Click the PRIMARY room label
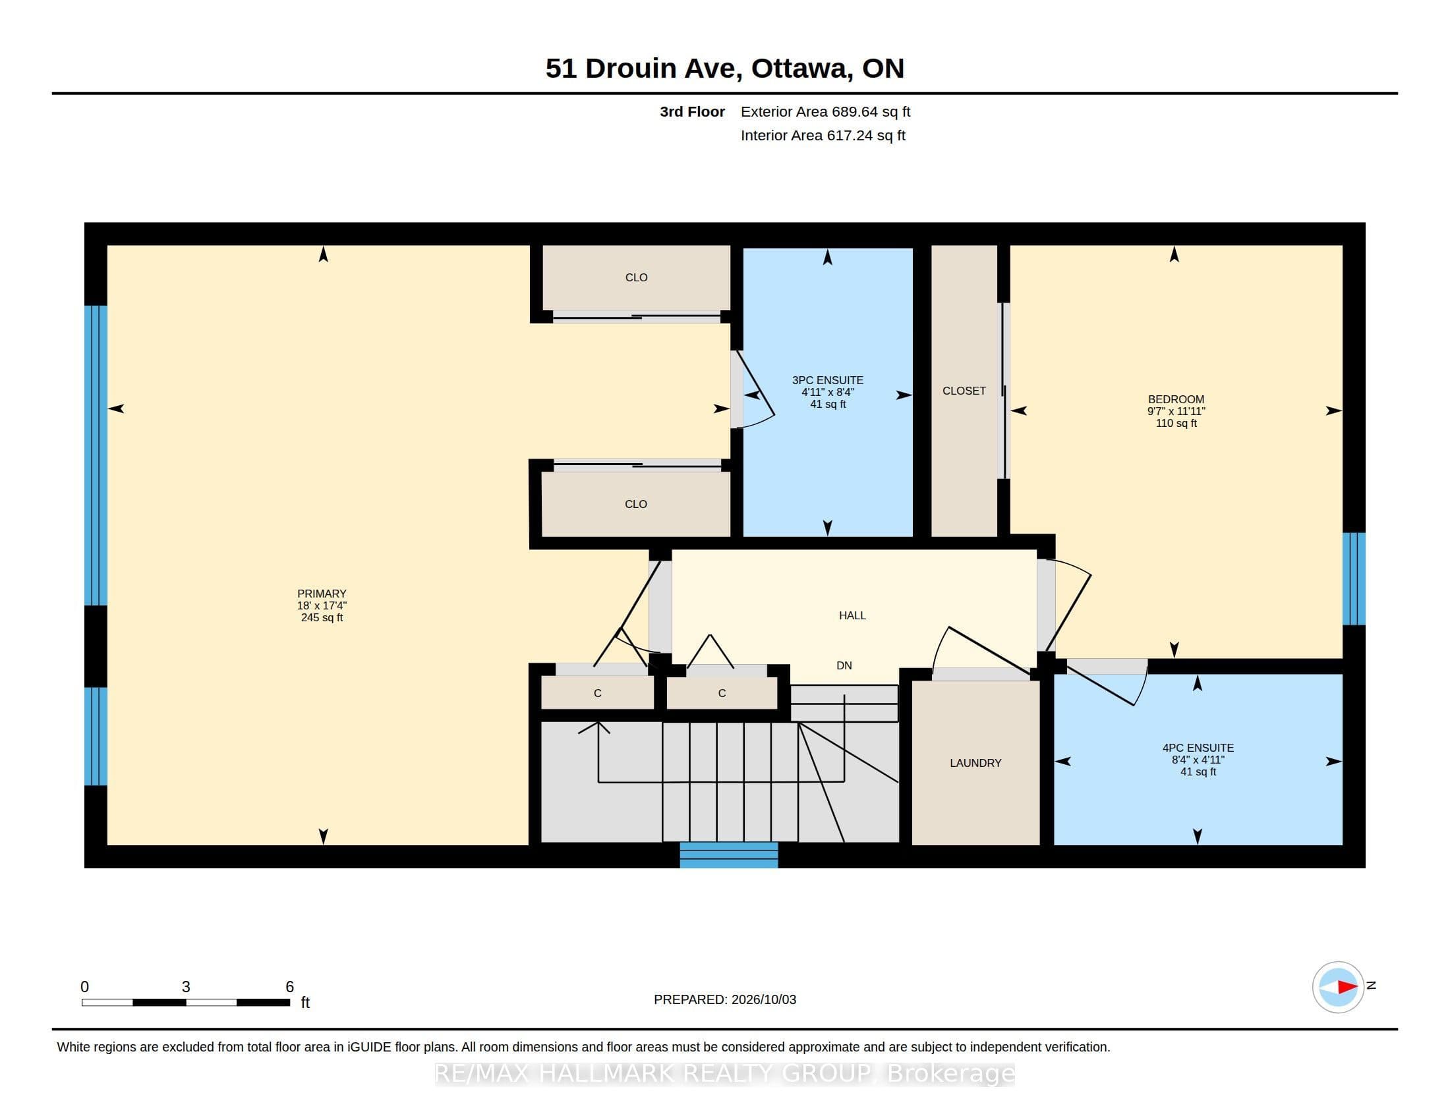pyautogui.click(x=322, y=594)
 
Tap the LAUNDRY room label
pyautogui.click(x=975, y=763)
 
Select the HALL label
pyautogui.click(x=852, y=616)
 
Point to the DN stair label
pyautogui.click(x=844, y=665)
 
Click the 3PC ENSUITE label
pyautogui.click(x=827, y=380)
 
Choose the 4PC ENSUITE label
pyautogui.click(x=1198, y=748)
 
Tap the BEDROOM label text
pyautogui.click(x=1176, y=399)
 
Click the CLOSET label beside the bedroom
pyautogui.click(x=964, y=391)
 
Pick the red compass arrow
pyautogui.click(x=1347, y=988)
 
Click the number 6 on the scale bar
pyautogui.click(x=289, y=987)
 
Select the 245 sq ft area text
pyautogui.click(x=322, y=618)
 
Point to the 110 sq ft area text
pyautogui.click(x=1176, y=424)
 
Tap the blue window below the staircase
pyautogui.click(x=728, y=854)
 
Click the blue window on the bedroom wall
pyautogui.click(x=1354, y=578)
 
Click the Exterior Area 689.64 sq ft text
pyautogui.click(x=825, y=111)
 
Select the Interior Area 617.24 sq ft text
pyautogui.click(x=823, y=135)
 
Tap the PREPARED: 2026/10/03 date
pyautogui.click(x=725, y=999)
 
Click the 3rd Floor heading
pyautogui.click(x=692, y=111)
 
